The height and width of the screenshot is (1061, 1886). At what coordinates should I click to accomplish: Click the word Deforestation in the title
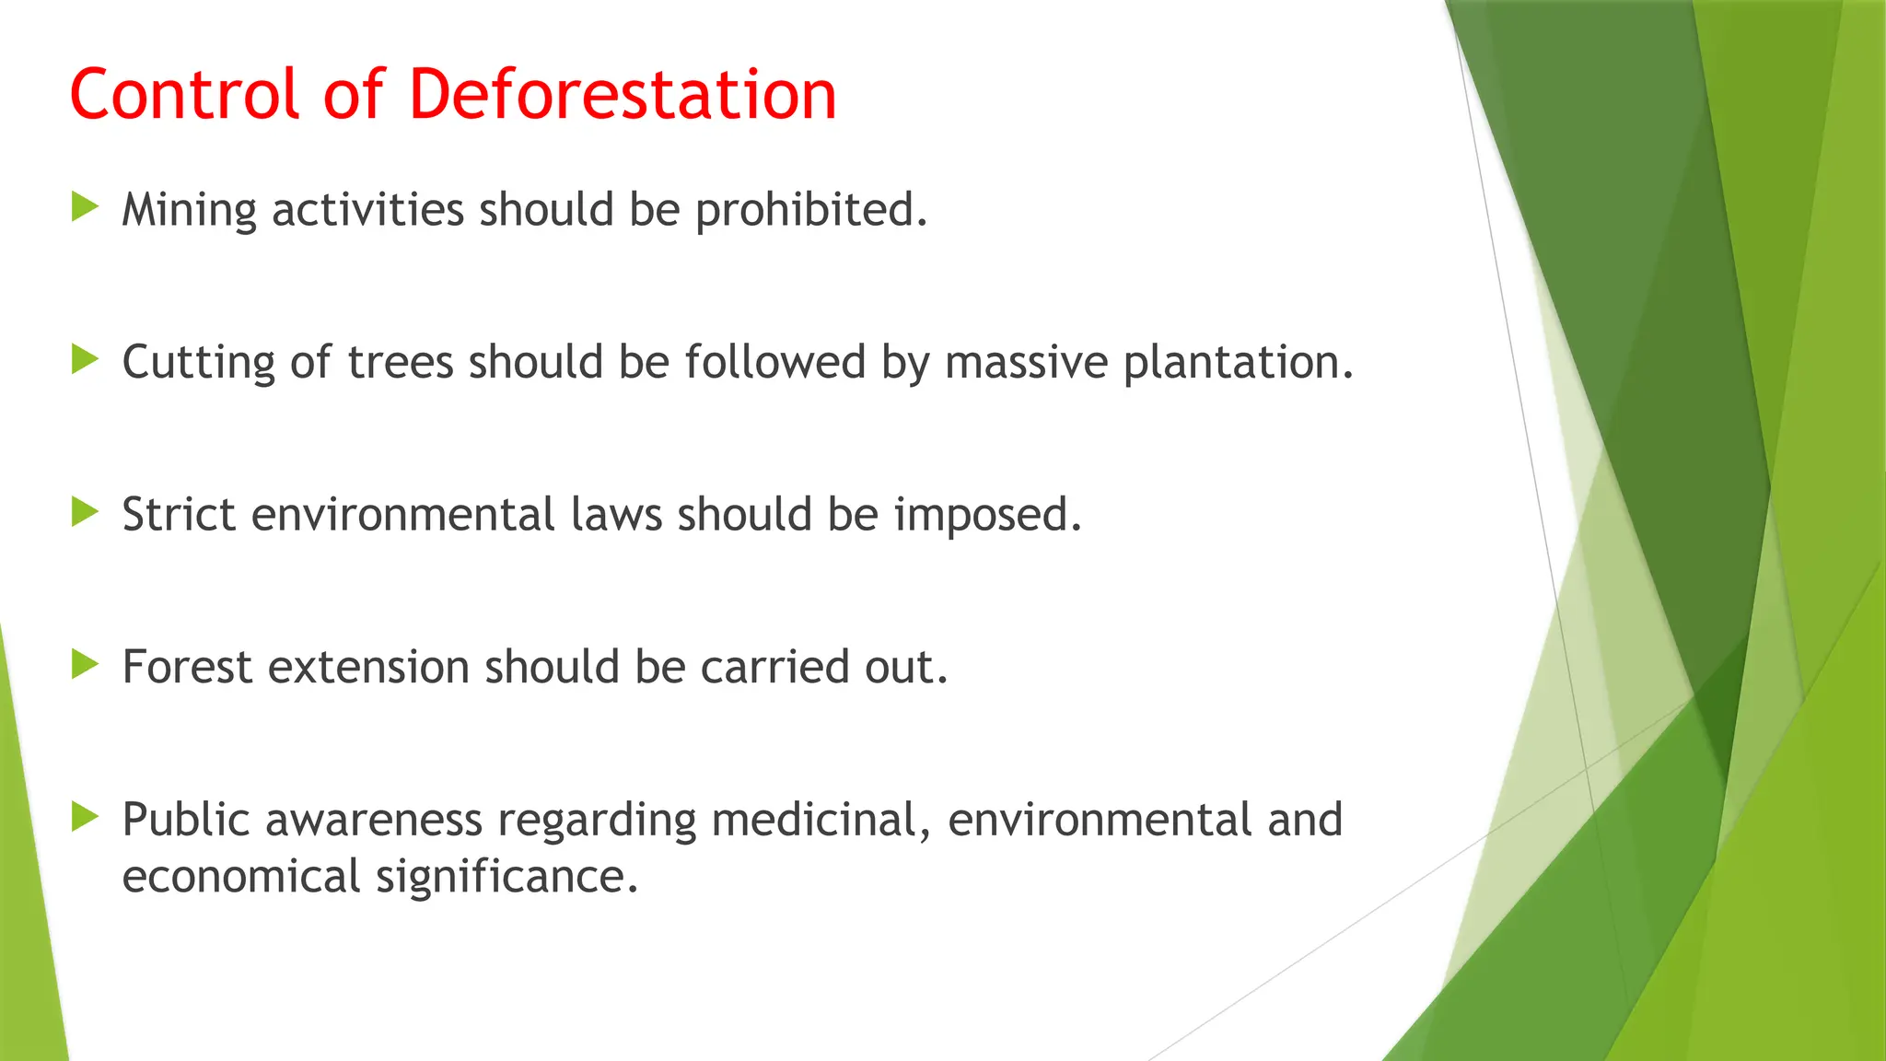pyautogui.click(x=623, y=94)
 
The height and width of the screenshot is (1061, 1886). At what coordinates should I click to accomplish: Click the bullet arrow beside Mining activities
pyautogui.click(x=85, y=207)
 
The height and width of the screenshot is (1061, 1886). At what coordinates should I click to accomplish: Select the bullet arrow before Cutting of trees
pyautogui.click(x=85, y=359)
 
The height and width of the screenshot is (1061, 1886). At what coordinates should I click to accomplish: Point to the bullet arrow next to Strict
pyautogui.click(x=85, y=512)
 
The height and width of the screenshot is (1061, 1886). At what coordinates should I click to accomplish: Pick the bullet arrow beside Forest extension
pyautogui.click(x=85, y=664)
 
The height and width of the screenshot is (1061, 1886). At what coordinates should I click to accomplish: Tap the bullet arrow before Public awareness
pyautogui.click(x=85, y=817)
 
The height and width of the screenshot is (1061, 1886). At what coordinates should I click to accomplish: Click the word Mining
pyautogui.click(x=189, y=211)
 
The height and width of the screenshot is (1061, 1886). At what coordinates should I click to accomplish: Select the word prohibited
pyautogui.click(x=810, y=211)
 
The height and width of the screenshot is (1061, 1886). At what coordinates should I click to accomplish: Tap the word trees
pyautogui.click(x=401, y=363)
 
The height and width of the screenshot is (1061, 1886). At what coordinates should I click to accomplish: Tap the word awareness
pyautogui.click(x=374, y=820)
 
